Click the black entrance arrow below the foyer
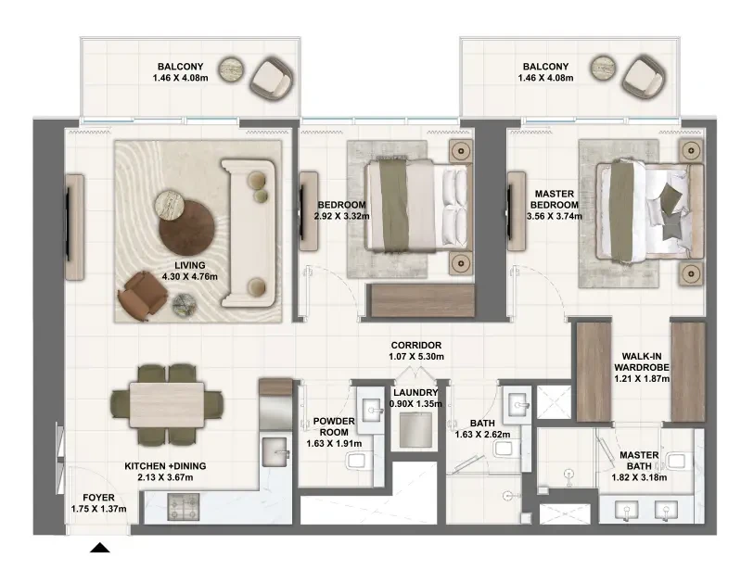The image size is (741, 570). (x=100, y=548)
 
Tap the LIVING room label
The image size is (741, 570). (x=189, y=265)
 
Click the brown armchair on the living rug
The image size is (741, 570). (x=142, y=295)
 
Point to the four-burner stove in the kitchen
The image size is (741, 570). (x=185, y=508)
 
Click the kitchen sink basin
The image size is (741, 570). (x=275, y=452)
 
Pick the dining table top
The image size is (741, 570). (x=167, y=405)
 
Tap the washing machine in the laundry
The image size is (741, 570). (x=415, y=430)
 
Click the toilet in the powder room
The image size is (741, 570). (x=358, y=461)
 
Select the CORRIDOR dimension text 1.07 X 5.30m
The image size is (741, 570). (x=416, y=357)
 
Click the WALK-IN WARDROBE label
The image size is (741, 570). (x=641, y=361)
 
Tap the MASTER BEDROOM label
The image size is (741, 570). (x=554, y=199)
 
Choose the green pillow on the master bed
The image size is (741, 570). (x=671, y=194)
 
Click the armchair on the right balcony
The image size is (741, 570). (x=644, y=77)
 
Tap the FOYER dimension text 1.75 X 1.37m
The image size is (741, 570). (x=98, y=509)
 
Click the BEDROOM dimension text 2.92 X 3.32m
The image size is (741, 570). (x=341, y=216)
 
